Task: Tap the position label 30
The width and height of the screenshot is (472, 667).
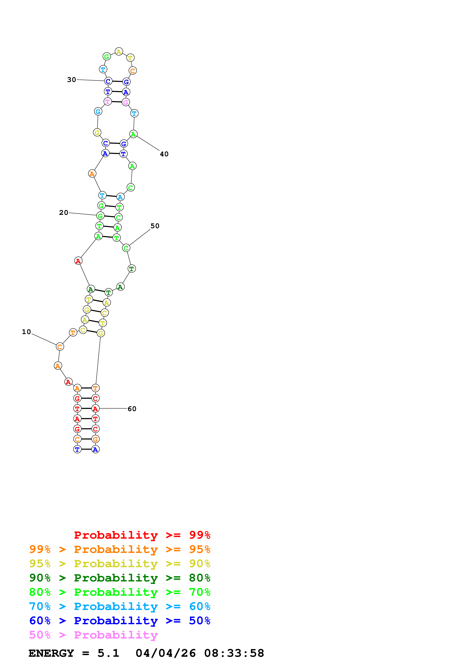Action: click(x=72, y=80)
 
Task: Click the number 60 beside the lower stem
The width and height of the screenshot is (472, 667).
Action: click(x=132, y=409)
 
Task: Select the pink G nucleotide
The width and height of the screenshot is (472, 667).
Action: click(x=126, y=102)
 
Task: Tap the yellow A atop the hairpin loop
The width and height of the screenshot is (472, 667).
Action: click(x=119, y=52)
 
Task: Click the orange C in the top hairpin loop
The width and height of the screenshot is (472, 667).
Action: click(x=133, y=71)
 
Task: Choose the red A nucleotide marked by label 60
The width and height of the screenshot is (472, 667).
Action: click(x=95, y=408)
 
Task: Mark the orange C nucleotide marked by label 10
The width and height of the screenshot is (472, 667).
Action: click(x=60, y=347)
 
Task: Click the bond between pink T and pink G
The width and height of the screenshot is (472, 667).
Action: click(x=117, y=102)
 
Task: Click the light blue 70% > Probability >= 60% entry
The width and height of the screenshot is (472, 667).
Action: click(x=120, y=606)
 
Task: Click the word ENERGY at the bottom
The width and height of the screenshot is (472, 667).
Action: click(x=51, y=653)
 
